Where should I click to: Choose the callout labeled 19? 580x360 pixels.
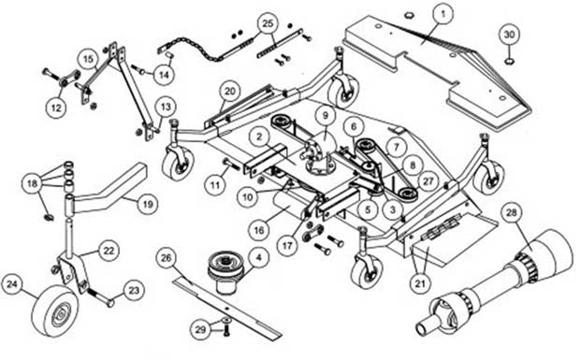(148, 202)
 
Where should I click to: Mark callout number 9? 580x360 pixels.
(325, 116)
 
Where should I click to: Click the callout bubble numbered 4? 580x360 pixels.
(259, 253)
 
